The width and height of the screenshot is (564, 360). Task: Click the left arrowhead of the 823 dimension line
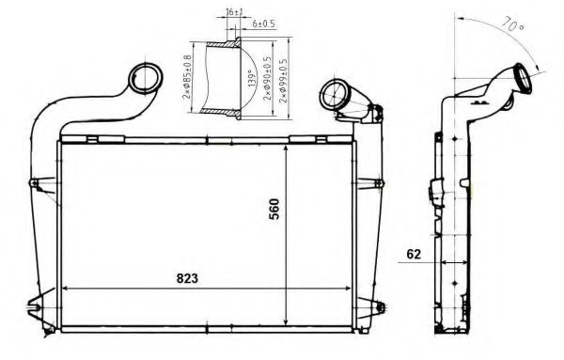(65, 287)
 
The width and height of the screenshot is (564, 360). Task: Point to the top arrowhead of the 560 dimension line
(286, 148)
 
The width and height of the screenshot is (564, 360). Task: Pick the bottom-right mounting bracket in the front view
(381, 307)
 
